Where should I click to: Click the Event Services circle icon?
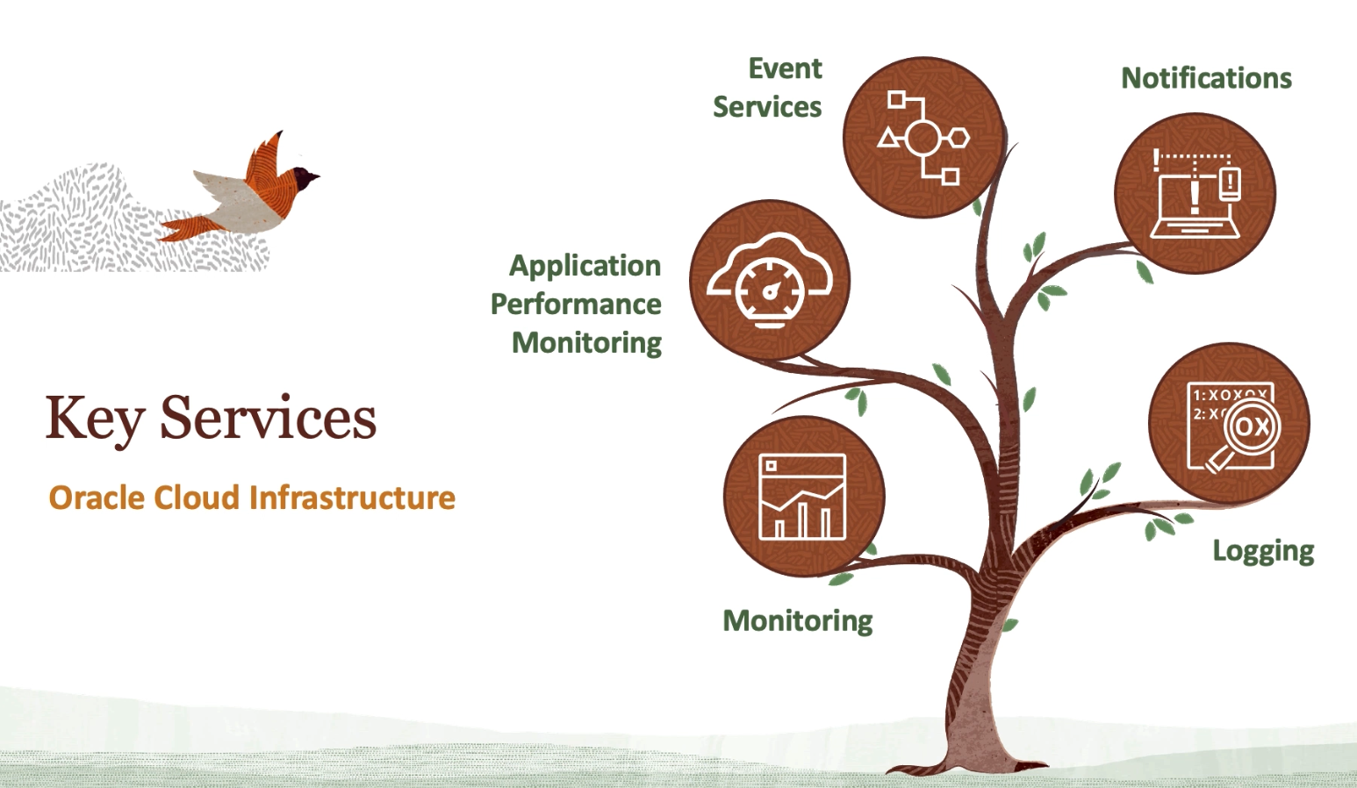(x=923, y=137)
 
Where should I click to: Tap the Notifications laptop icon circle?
(x=1195, y=193)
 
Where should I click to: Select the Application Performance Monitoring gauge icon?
(x=770, y=280)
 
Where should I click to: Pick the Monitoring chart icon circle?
(x=803, y=497)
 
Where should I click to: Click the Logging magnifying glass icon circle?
(x=1229, y=424)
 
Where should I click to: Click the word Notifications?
(x=1206, y=78)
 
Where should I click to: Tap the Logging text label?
(x=1263, y=551)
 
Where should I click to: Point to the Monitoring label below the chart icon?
(x=797, y=620)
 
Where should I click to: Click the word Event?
(x=785, y=68)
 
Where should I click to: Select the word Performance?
(x=576, y=304)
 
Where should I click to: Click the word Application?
(x=585, y=265)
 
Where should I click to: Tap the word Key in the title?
(x=94, y=419)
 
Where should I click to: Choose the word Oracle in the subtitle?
(x=97, y=498)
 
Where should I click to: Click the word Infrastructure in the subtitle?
(x=352, y=498)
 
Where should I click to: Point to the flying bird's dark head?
(x=304, y=178)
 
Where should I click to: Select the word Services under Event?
(x=767, y=107)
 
